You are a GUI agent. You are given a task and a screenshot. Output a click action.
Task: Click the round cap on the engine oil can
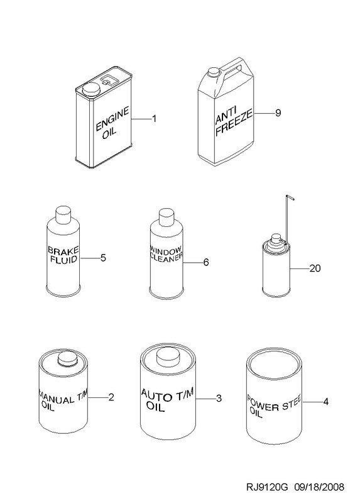[x=91, y=89]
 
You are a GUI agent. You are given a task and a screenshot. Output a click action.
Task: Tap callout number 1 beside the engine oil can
[x=154, y=119]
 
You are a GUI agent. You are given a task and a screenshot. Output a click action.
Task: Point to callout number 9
[x=278, y=113]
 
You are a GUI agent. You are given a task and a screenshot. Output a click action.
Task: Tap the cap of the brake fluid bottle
[x=63, y=214]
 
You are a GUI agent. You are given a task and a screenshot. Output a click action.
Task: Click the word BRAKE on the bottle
[x=63, y=250]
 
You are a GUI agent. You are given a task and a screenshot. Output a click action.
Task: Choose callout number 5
[x=103, y=258]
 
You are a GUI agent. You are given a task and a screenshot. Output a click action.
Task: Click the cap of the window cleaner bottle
[x=166, y=217]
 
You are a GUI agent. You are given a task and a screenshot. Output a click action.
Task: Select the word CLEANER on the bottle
[x=166, y=257]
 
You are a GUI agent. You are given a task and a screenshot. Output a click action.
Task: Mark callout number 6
[x=206, y=262]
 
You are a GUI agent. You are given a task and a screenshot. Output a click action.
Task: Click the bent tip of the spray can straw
[x=290, y=197]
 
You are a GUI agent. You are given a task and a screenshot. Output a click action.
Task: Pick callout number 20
[x=315, y=268]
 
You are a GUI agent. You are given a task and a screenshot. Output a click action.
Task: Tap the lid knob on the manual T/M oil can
[x=68, y=358]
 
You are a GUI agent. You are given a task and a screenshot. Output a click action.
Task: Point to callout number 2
[x=111, y=397]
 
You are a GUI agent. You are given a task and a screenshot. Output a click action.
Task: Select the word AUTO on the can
[x=156, y=395]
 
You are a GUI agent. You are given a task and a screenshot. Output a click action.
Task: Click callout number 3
[x=219, y=399]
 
